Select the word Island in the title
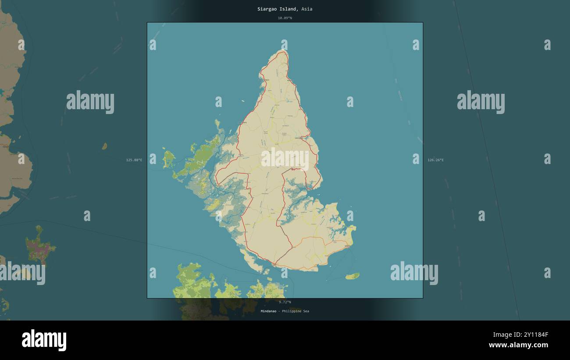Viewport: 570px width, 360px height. point(289,9)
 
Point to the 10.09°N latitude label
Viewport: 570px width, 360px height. point(285,18)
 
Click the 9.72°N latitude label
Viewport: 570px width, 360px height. point(285,302)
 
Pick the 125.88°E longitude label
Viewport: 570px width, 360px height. point(134,160)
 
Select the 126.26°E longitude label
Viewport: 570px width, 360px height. point(435,160)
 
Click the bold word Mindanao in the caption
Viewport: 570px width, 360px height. point(269,311)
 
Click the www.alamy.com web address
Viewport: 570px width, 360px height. point(518,345)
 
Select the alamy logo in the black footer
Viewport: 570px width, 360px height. point(44,341)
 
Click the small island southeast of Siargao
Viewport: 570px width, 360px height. point(352,276)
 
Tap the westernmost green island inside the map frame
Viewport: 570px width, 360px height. point(168,159)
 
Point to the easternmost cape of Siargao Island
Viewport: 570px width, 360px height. point(353,228)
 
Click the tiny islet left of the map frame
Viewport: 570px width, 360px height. point(104,146)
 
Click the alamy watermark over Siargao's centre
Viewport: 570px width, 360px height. point(285,159)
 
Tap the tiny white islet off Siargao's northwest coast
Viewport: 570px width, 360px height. point(243,101)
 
